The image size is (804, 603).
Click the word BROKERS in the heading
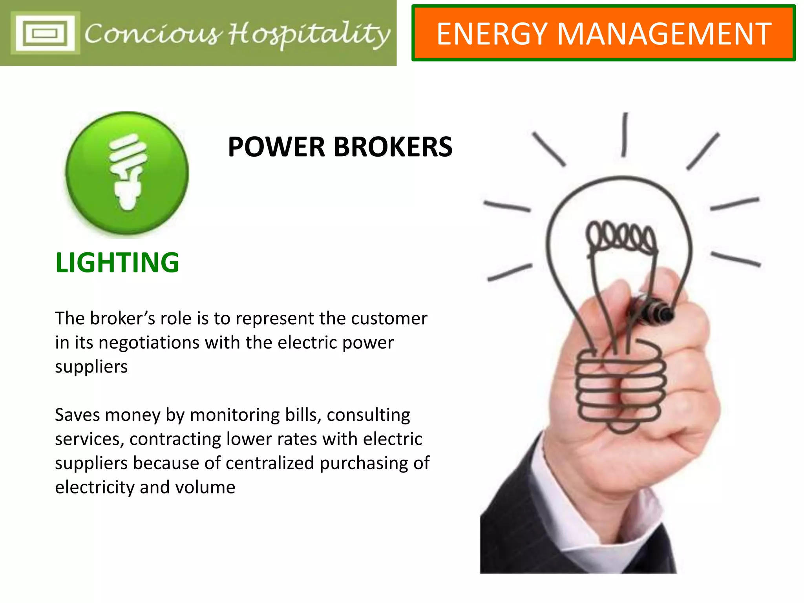pyautogui.click(x=393, y=147)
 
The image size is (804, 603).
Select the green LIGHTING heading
pyautogui.click(x=117, y=263)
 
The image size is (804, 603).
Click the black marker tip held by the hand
pyautogui.click(x=663, y=313)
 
